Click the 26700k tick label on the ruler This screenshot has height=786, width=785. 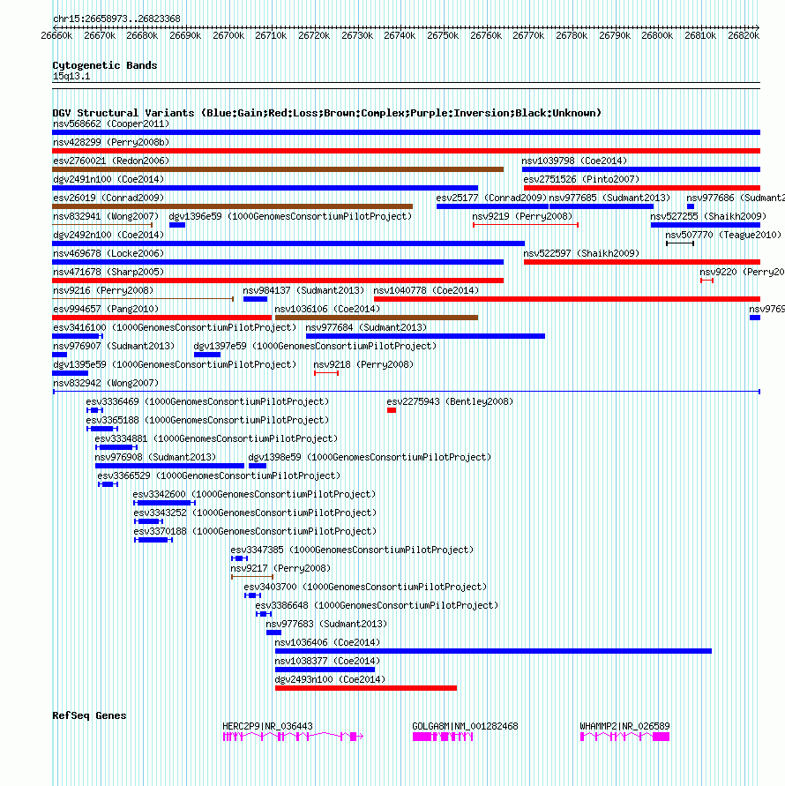click(228, 35)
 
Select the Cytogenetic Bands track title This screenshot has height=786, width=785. click(105, 65)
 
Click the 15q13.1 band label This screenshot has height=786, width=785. click(71, 77)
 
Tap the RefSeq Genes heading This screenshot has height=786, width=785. click(89, 715)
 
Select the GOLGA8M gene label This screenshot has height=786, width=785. click(431, 726)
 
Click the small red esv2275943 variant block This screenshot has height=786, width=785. click(392, 410)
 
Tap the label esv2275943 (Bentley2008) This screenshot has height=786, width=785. click(437, 401)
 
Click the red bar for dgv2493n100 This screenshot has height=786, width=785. click(366, 688)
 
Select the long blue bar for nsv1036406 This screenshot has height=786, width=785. click(493, 651)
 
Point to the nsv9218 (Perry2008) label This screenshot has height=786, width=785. click(363, 364)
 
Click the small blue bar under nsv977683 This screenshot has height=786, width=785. click(273, 633)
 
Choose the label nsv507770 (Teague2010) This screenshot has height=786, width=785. click(723, 235)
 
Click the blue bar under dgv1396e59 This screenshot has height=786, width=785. click(177, 225)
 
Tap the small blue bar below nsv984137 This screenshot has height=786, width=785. click(255, 299)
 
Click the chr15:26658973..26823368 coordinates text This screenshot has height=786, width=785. click(116, 19)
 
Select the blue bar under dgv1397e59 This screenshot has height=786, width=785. click(207, 355)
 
